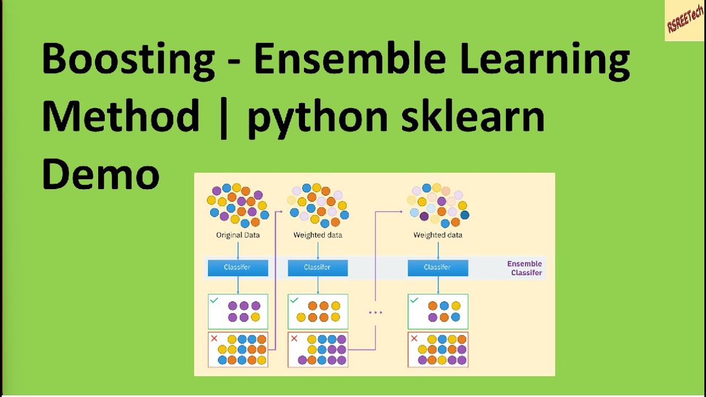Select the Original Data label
point(238,235)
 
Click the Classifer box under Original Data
point(238,267)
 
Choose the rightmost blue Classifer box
point(438,267)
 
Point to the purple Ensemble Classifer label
point(525,268)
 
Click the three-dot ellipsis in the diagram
point(375,313)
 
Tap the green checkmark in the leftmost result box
point(214,301)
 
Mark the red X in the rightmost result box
point(414,339)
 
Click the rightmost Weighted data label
point(438,235)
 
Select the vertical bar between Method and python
point(223,116)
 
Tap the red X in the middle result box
point(294,339)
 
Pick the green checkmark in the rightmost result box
point(414,301)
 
